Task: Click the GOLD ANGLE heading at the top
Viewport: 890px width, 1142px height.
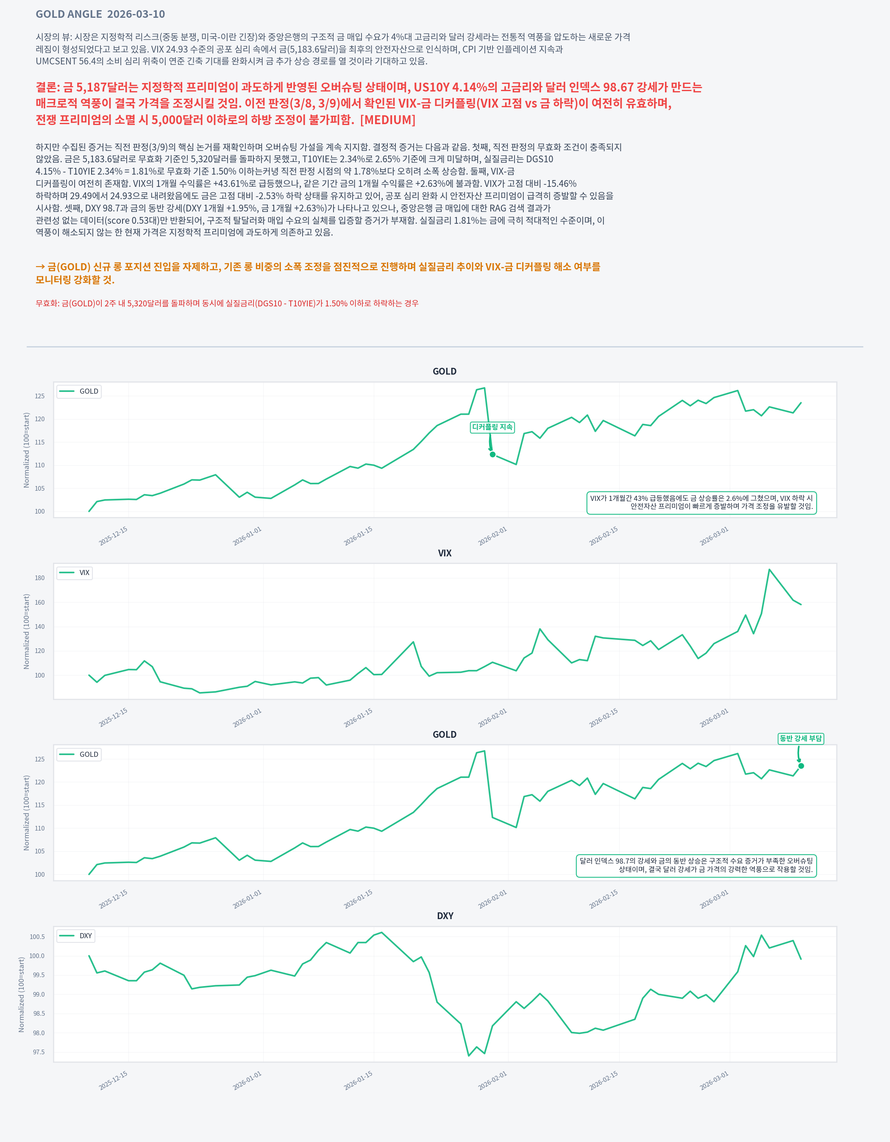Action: coord(69,14)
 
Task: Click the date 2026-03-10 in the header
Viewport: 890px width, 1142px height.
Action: coord(136,14)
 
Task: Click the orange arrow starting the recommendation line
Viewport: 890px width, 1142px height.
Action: coord(40,267)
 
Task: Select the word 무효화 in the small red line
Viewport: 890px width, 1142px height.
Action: coord(47,303)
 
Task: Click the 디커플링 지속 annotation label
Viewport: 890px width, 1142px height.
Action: coord(492,427)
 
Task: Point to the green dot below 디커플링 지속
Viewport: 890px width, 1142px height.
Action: coord(492,454)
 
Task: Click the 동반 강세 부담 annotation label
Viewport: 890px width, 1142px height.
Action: coord(800,738)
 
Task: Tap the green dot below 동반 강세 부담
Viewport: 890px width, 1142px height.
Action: coord(801,766)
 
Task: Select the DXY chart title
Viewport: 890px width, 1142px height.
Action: coord(445,916)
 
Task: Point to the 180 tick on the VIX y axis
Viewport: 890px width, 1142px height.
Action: coord(40,578)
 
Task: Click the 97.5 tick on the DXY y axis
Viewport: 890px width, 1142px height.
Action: coord(39,1052)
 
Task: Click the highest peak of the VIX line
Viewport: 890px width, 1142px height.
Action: coord(769,570)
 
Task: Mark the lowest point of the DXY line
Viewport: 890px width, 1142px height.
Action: coord(469,1056)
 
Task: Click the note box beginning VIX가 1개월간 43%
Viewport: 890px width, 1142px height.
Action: coord(701,503)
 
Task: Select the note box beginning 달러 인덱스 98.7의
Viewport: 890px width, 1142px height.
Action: coord(696,865)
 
